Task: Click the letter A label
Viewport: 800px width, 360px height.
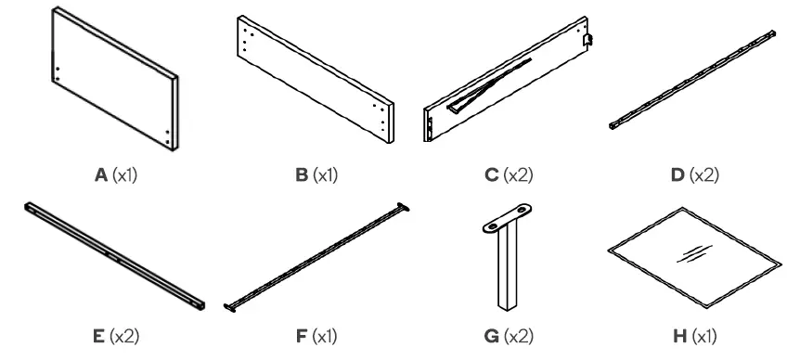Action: click(99, 174)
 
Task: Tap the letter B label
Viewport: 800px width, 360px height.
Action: click(303, 174)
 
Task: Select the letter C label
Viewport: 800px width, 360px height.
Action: click(491, 174)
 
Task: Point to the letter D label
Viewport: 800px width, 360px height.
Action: click(680, 174)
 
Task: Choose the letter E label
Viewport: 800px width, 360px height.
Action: click(97, 335)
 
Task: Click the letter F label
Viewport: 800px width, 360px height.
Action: click(302, 335)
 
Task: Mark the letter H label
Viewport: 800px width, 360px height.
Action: click(681, 335)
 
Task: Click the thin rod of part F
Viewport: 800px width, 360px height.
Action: click(316, 255)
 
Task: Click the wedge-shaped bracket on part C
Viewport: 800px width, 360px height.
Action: click(487, 83)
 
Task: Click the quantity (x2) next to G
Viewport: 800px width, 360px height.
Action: click(518, 335)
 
